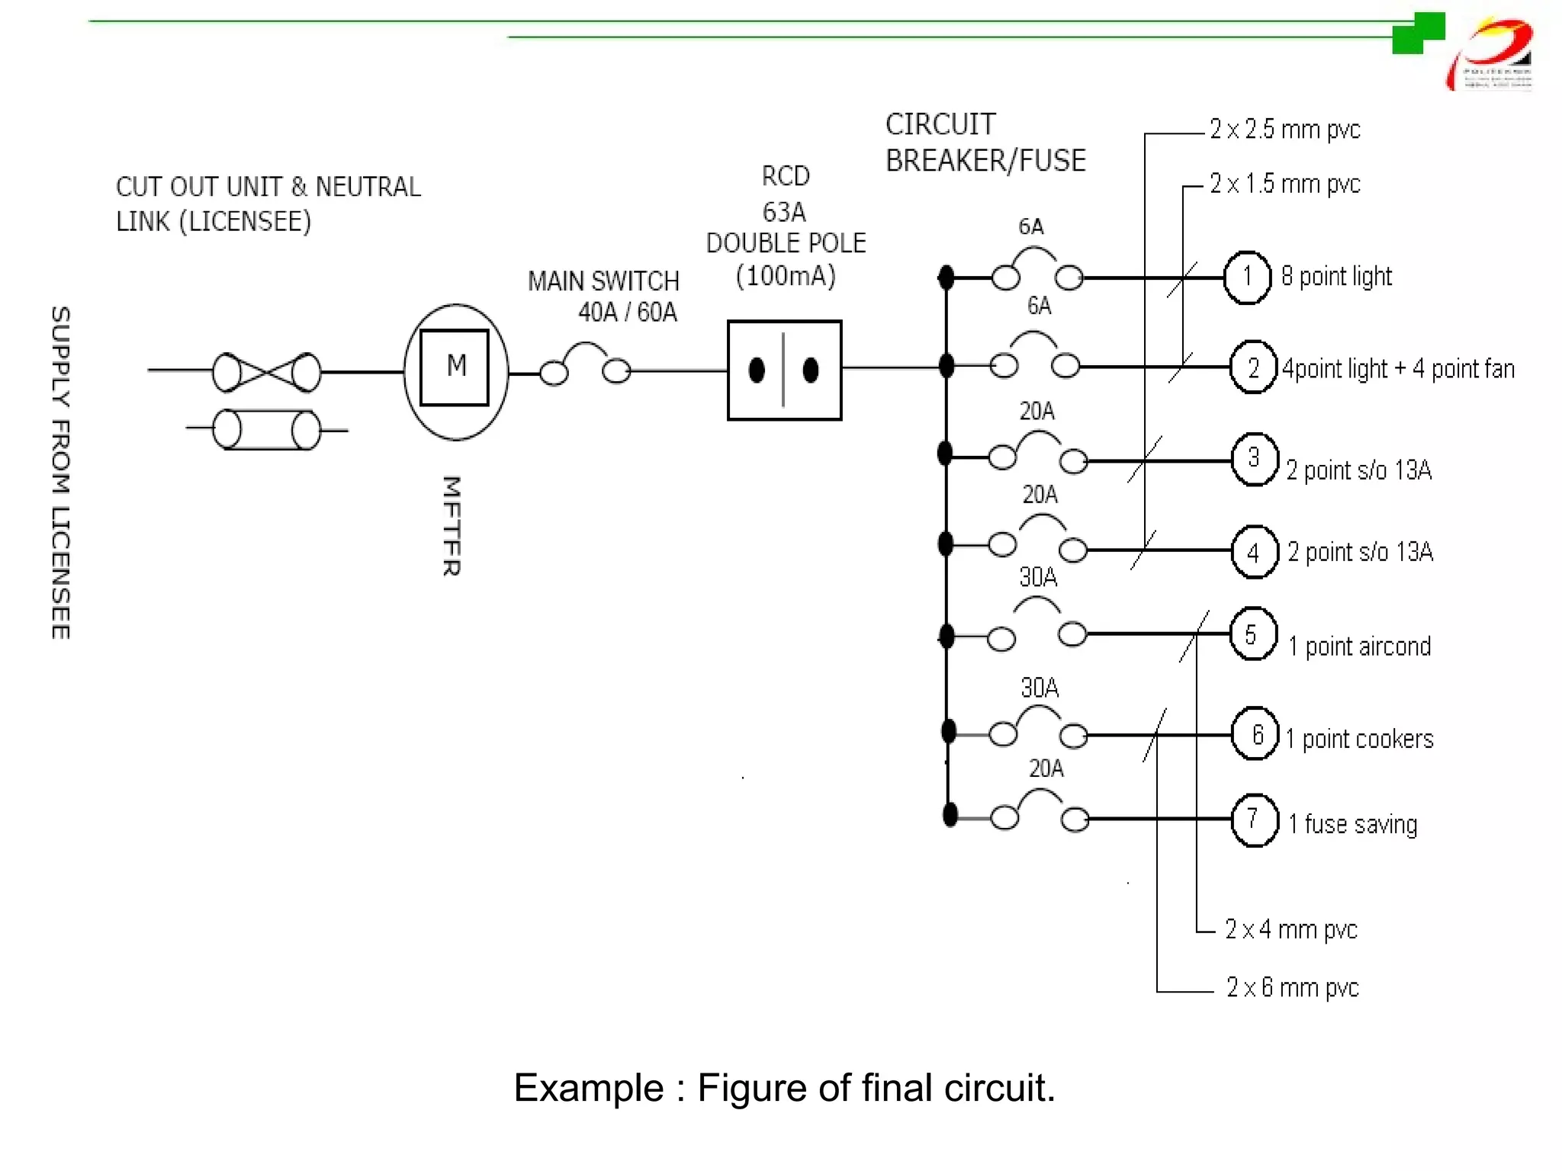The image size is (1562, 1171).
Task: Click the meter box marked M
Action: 455,367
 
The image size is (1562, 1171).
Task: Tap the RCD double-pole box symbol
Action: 784,371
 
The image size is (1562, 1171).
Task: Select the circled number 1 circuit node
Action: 1247,277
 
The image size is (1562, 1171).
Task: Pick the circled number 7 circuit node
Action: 1255,820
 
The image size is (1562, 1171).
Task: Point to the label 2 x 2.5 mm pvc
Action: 1284,130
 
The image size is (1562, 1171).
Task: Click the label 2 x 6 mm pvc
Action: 1292,987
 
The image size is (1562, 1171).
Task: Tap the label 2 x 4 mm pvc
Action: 1290,929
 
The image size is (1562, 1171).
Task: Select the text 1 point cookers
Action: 1360,739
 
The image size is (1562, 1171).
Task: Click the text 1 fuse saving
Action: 1352,825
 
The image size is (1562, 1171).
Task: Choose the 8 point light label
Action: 1336,277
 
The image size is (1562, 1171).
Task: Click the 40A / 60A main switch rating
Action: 627,313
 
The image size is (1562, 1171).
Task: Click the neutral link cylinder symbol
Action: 266,430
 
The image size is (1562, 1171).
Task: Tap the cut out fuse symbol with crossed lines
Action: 266,372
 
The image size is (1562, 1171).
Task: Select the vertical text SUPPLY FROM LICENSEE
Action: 61,473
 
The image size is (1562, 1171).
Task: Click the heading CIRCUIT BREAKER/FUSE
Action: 985,143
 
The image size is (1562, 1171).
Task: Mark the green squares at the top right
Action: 1417,34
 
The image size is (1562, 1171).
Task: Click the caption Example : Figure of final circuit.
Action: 784,1088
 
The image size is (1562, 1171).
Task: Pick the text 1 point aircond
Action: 1359,647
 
